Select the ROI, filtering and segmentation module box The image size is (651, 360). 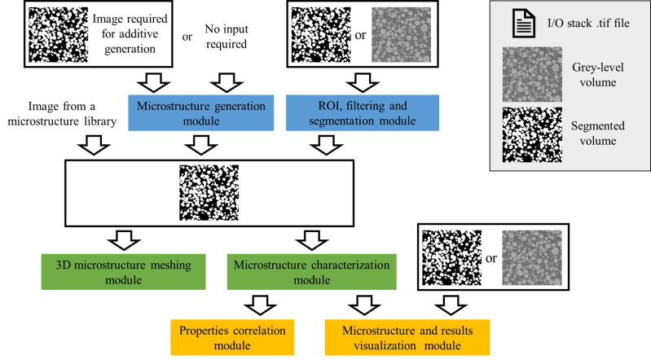(363, 112)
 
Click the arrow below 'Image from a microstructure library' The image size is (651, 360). (95, 145)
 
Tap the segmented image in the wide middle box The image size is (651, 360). (209, 194)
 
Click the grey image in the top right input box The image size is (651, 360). (399, 34)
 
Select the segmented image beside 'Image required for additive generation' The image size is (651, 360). (58, 34)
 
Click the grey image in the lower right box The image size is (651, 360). (530, 257)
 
